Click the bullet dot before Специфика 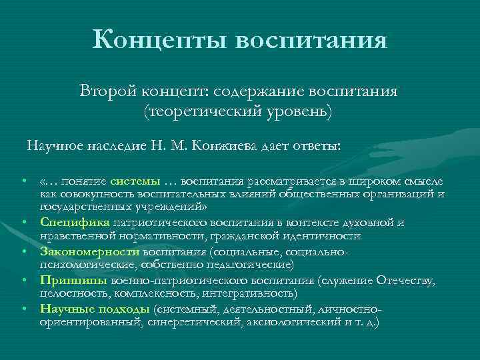23,223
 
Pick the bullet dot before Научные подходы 23,309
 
